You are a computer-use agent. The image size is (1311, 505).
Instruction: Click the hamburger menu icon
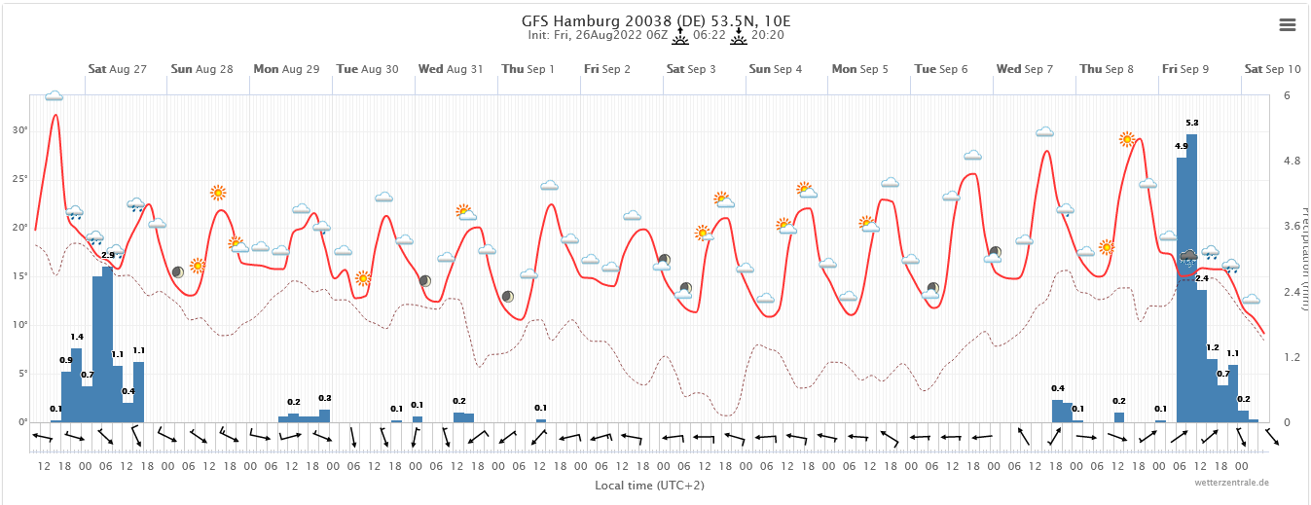(x=1287, y=25)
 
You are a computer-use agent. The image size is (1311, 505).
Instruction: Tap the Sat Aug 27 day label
(x=117, y=69)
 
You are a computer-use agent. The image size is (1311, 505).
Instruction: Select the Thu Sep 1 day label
(x=528, y=69)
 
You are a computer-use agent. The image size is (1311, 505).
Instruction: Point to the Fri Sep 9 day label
(x=1184, y=69)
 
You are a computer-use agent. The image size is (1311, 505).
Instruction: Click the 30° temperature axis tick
(x=18, y=129)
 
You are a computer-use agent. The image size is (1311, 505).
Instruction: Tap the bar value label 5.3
(x=1192, y=123)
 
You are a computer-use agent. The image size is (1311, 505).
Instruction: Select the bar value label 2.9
(x=107, y=255)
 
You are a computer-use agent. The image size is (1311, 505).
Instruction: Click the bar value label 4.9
(x=1181, y=146)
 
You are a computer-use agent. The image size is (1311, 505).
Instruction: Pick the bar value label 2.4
(x=1201, y=279)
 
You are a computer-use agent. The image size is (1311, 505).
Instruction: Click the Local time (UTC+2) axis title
(x=650, y=484)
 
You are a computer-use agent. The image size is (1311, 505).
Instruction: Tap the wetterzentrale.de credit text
(x=1232, y=483)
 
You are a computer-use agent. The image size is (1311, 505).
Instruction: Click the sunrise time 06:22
(x=710, y=35)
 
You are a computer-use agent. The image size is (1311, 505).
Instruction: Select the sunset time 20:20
(x=768, y=35)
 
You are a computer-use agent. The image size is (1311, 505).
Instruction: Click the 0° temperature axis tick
(x=20, y=421)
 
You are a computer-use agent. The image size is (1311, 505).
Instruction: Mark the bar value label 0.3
(x=325, y=398)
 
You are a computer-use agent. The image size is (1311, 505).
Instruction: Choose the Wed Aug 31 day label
(x=451, y=69)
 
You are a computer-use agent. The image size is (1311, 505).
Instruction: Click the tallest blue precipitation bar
(x=1192, y=282)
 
